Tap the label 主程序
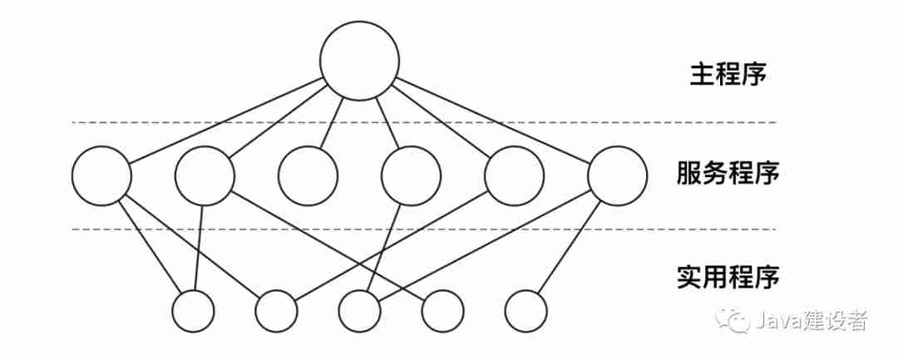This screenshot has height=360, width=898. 728,74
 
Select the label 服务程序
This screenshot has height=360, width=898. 728,175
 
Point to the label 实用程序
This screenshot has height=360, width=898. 728,277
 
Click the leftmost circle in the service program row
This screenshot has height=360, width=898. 101,176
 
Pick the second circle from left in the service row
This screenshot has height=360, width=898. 205,176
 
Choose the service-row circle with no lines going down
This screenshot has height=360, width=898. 308,176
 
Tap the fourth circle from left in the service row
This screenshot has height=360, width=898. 411,176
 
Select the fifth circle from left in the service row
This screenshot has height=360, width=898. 514,176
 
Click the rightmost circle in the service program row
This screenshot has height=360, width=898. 617,176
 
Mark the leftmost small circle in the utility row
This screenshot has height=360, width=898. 193,312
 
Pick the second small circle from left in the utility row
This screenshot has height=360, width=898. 276,312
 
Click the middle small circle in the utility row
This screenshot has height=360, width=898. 359,312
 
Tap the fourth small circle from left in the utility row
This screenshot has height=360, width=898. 442,312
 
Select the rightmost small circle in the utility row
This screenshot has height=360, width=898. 525,312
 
